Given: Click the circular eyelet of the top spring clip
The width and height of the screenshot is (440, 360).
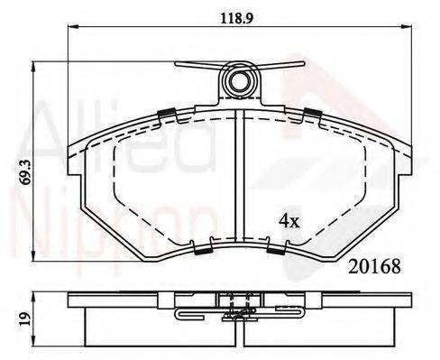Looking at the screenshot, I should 240,83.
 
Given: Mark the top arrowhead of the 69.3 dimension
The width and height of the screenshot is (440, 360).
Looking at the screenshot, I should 33,65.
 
